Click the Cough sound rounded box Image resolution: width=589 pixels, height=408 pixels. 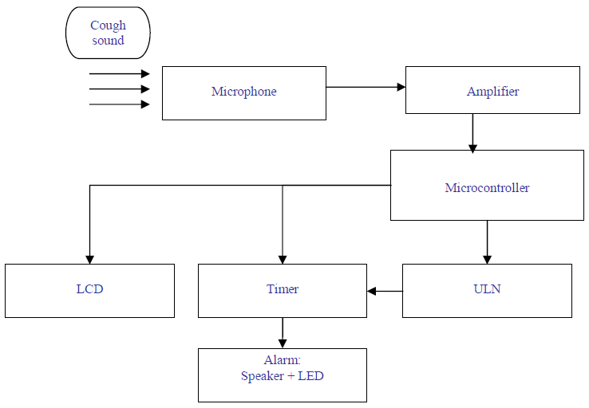(108, 33)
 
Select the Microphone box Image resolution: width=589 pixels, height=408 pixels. (243, 92)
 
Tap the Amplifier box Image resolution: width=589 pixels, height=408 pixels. (492, 90)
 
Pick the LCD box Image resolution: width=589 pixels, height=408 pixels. (89, 290)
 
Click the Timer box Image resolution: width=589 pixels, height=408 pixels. (283, 290)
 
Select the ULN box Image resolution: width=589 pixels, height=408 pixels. (487, 290)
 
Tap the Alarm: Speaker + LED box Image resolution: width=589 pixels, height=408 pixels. (283, 375)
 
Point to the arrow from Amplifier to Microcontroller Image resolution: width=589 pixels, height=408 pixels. (472, 132)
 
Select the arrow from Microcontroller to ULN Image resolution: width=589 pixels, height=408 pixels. (487, 242)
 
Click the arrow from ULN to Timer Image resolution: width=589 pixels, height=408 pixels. (385, 291)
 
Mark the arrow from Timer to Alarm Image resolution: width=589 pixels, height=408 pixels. (283, 332)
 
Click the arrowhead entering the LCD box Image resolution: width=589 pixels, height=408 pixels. (89, 259)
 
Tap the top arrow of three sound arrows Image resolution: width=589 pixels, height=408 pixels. (120, 73)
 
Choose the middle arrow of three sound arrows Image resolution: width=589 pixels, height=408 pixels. (120, 89)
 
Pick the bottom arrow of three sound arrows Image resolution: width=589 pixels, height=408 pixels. (120, 104)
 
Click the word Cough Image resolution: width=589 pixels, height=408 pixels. (108, 25)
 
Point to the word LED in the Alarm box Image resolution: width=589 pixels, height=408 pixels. (310, 375)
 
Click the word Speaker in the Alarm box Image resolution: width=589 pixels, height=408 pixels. (263, 375)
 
